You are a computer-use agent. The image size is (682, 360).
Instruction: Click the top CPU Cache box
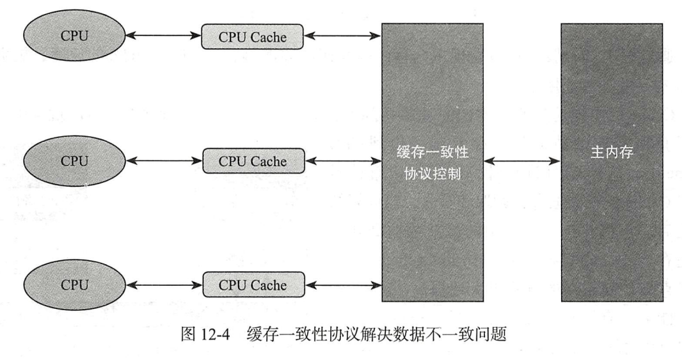click(253, 37)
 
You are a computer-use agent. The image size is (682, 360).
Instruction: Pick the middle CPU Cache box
click(253, 161)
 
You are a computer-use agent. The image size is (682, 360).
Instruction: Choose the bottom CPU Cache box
click(253, 285)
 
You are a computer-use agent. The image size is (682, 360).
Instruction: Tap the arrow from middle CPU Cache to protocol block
click(343, 161)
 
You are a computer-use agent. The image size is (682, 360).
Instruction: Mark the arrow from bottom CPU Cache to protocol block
click(343, 285)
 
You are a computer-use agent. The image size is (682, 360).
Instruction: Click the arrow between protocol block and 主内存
click(522, 161)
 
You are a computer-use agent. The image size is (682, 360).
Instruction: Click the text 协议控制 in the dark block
click(432, 173)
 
